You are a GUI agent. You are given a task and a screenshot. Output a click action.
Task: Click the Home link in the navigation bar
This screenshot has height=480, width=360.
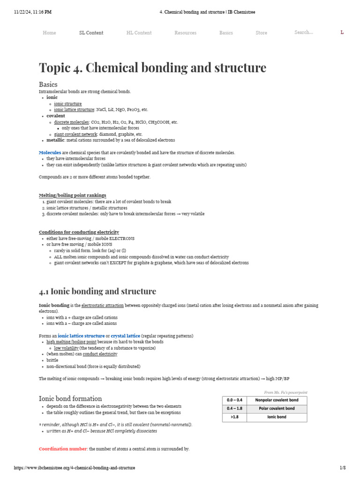(49, 33)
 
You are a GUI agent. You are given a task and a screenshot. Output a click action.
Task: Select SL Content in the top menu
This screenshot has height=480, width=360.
(91, 33)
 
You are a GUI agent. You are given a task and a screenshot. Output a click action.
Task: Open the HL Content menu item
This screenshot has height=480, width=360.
(139, 33)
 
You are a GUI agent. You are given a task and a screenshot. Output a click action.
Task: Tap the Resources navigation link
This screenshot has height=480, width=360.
(185, 33)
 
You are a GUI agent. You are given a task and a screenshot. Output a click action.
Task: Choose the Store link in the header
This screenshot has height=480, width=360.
(261, 33)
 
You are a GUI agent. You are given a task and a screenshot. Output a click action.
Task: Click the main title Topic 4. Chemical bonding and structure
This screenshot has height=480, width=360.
(152, 67)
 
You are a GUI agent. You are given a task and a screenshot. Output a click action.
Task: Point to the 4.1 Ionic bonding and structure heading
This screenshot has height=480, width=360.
(97, 291)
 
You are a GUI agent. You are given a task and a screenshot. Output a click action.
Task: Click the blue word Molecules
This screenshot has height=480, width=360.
(50, 153)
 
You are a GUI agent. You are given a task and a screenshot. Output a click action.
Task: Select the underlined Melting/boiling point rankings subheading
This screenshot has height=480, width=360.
(72, 195)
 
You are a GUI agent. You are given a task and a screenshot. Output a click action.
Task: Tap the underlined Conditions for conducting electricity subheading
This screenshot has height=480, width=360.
(79, 232)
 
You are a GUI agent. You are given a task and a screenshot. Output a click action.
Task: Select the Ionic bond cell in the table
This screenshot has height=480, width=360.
(277, 417)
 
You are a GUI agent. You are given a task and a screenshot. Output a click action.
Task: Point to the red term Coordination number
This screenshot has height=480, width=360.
(63, 449)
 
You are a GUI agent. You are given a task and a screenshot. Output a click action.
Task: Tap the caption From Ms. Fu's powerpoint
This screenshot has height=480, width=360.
(285, 392)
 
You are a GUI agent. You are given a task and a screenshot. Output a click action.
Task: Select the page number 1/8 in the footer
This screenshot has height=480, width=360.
(342, 468)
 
